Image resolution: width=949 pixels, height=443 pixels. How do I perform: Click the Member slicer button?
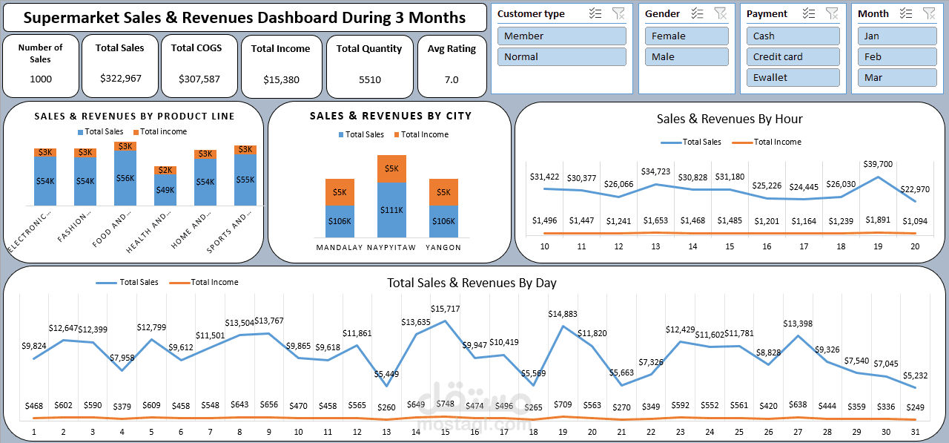[x=561, y=36]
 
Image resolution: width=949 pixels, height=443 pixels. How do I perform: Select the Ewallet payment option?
[x=793, y=77]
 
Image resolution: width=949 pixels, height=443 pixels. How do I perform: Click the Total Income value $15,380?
[x=281, y=79]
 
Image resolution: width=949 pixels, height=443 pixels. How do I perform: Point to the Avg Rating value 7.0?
[x=452, y=79]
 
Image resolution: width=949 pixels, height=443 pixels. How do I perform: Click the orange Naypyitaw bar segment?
[x=391, y=168]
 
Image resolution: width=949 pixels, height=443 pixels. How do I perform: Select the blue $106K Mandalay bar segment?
[x=340, y=221]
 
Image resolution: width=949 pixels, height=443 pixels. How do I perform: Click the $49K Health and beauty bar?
[x=165, y=190]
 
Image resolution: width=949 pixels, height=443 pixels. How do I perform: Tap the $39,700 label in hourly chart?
[x=878, y=164]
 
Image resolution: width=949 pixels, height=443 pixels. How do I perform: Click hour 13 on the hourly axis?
[x=655, y=246]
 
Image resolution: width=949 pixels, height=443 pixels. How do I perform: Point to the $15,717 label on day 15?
[x=445, y=309]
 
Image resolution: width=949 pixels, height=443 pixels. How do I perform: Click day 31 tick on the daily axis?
[x=916, y=432]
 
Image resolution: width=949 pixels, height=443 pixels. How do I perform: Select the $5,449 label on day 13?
[x=386, y=374]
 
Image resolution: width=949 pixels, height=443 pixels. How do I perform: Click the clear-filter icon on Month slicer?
[x=928, y=13]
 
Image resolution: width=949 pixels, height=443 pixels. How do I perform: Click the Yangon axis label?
[x=443, y=248]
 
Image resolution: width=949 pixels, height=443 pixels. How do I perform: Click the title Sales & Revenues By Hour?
[x=729, y=119]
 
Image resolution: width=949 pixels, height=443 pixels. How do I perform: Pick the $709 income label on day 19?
[x=563, y=405]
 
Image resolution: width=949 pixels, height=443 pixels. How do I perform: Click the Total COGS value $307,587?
[x=199, y=79]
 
